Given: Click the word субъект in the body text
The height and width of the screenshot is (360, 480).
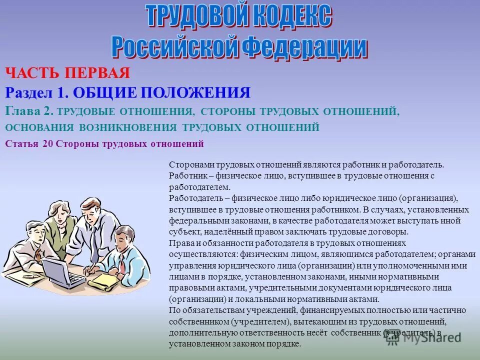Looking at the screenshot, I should pyautogui.click(x=183, y=232).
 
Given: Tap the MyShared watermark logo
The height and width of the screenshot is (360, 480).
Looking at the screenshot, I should pyautogui.click(x=423, y=337).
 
